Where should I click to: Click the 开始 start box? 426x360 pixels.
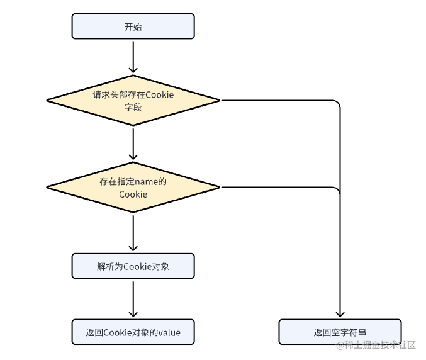(x=133, y=26)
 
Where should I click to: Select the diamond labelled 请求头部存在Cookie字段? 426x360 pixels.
(x=133, y=100)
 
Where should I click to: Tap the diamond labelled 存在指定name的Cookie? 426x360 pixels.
(x=133, y=187)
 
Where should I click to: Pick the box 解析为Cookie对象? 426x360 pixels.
(x=133, y=266)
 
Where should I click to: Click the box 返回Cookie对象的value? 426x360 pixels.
(x=133, y=332)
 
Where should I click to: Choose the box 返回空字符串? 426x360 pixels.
(x=340, y=332)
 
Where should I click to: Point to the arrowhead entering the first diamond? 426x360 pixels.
(x=133, y=70)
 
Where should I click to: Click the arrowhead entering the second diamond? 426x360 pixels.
(x=133, y=157)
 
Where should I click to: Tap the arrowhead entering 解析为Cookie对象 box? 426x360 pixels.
(x=133, y=248)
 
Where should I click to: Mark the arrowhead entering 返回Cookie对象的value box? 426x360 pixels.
(x=133, y=314)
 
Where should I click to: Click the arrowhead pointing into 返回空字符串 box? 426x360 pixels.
(x=340, y=314)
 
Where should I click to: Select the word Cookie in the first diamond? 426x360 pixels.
(x=159, y=95)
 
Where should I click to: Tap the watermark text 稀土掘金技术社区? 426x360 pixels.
(x=380, y=345)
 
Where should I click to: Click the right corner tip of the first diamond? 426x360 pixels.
(x=220, y=100)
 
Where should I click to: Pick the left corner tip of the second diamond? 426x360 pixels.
(x=47, y=187)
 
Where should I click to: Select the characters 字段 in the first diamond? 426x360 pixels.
(x=133, y=108)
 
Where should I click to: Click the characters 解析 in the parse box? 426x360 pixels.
(x=106, y=266)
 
